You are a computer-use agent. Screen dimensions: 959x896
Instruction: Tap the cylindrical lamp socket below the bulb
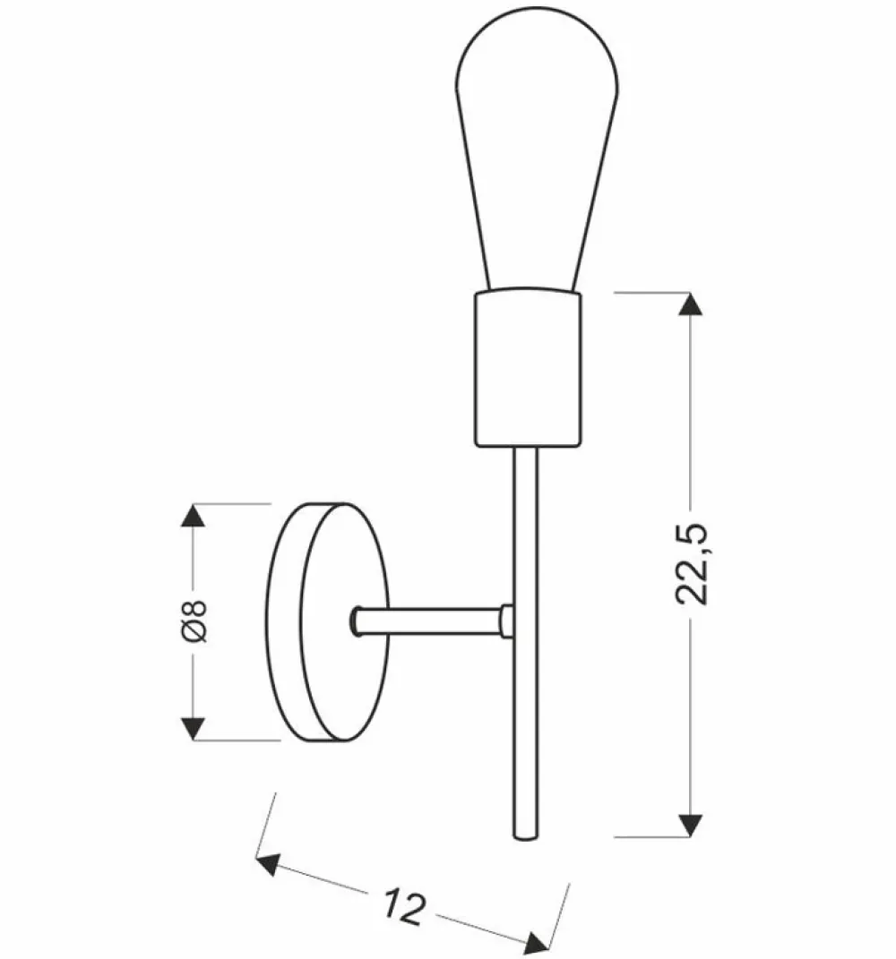click(x=527, y=369)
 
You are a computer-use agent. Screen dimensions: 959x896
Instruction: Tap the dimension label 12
click(x=406, y=905)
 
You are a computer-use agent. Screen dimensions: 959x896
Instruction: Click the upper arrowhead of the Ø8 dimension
click(x=194, y=516)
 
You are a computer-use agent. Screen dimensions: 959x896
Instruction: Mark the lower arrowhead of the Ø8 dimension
click(x=194, y=727)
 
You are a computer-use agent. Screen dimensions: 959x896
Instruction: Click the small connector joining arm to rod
click(x=506, y=620)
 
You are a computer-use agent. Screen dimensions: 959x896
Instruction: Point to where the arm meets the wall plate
click(x=356, y=620)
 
